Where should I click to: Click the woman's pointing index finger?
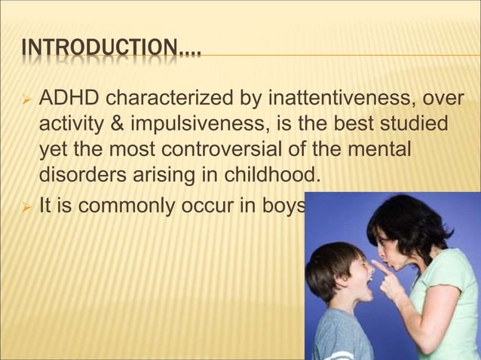coord(381,268)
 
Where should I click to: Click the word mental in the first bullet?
coord(381,151)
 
